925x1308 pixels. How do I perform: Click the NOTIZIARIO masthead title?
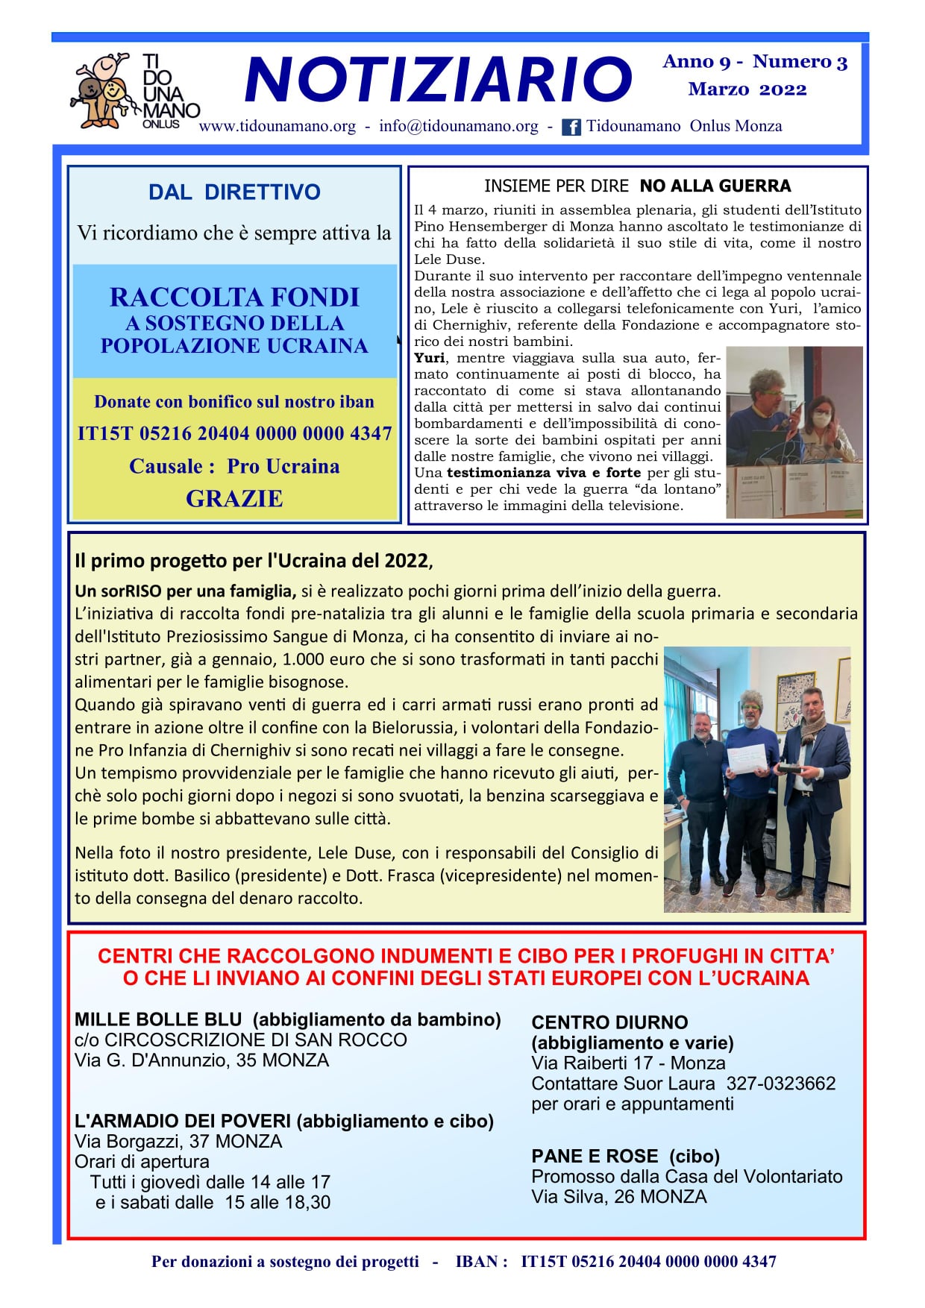pos(439,80)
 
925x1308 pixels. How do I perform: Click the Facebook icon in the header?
pos(571,127)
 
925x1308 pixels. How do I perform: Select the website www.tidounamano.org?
pos(277,126)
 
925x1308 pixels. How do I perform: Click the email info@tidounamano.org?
pos(458,126)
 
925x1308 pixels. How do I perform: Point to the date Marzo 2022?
pos(747,89)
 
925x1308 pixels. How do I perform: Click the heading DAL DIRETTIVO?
pos(234,192)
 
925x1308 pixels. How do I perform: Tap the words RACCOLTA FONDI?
pos(234,298)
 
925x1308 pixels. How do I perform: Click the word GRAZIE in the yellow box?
pos(234,498)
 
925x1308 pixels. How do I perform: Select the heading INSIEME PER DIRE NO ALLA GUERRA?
pos(637,186)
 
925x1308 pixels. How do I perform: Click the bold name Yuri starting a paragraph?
pos(429,358)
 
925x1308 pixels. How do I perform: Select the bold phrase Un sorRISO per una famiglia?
pos(186,591)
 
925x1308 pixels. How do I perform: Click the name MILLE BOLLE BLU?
pos(158,1019)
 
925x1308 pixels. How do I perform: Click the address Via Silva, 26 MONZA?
pos(618,1197)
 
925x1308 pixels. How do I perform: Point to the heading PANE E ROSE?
pos(595,1157)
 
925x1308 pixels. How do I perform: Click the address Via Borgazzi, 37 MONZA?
pos(178,1142)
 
